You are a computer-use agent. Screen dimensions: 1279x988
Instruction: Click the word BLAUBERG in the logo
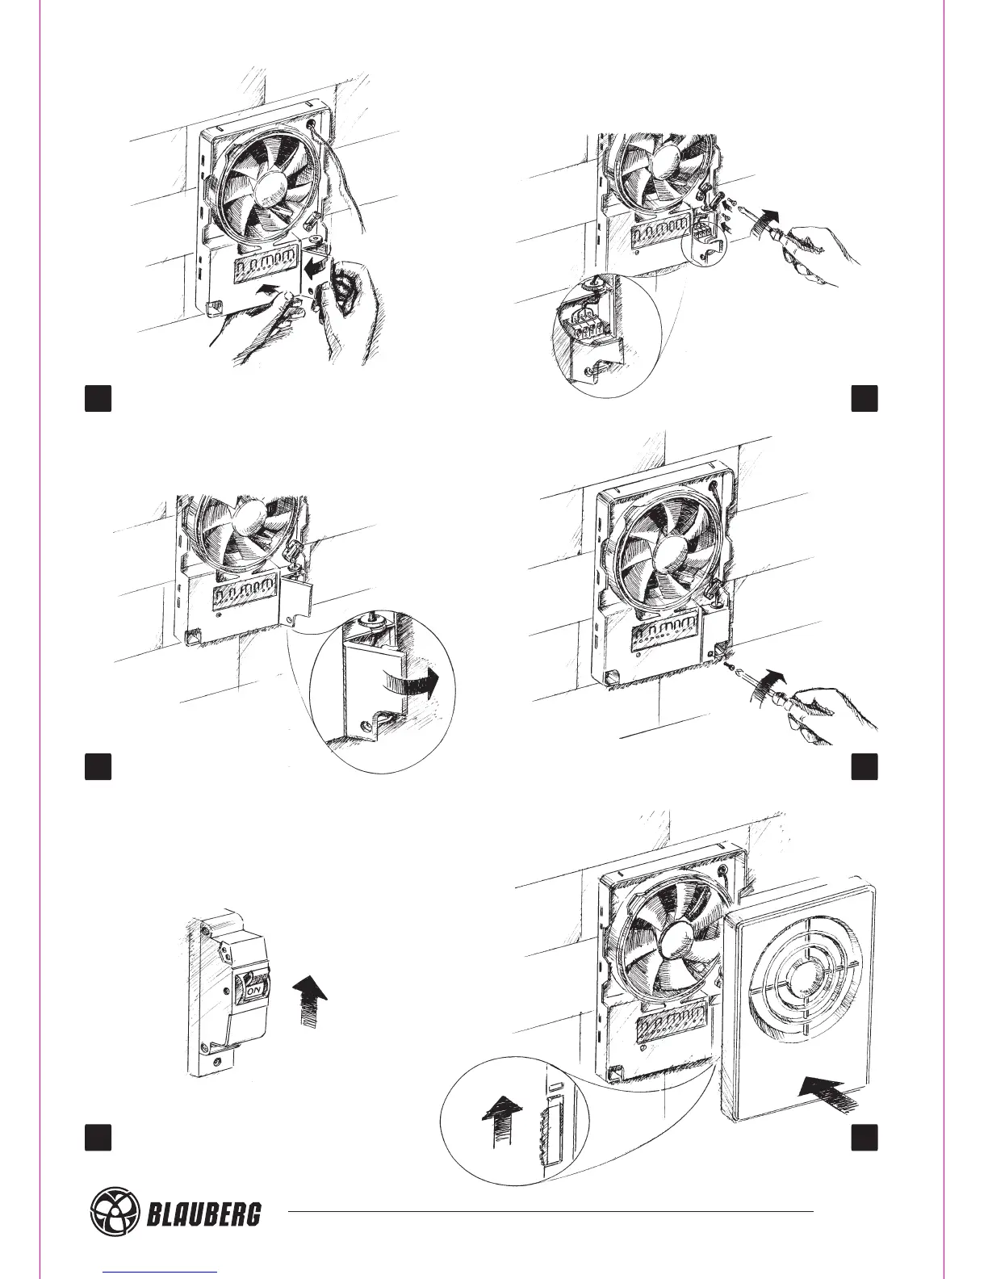[x=203, y=1213]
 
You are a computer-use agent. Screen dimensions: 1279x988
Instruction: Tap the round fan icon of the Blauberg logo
[x=114, y=1212]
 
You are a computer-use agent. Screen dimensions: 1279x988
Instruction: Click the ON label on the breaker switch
[x=253, y=990]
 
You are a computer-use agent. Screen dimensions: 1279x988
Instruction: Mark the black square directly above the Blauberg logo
[x=98, y=1137]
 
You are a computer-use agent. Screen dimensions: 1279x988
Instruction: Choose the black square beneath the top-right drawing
[x=864, y=399]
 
